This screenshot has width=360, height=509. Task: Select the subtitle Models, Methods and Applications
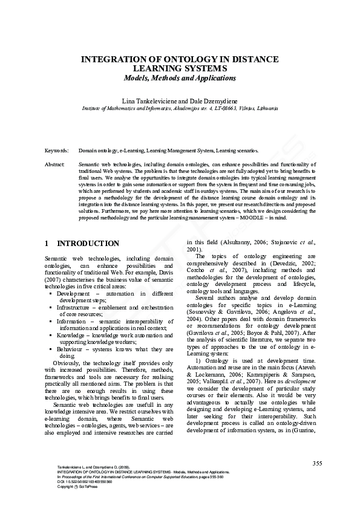pyautogui.click(x=180, y=78)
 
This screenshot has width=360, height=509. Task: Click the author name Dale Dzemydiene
pyautogui.click(x=212, y=99)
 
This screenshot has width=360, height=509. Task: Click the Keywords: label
pyautogui.click(x=57, y=150)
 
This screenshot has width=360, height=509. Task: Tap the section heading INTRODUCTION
pyautogui.click(x=88, y=244)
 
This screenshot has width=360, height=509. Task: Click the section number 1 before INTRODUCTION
pyautogui.click(x=47, y=244)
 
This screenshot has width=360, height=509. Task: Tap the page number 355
pyautogui.click(x=317, y=463)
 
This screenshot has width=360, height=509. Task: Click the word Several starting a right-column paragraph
pyautogui.click(x=208, y=297)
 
